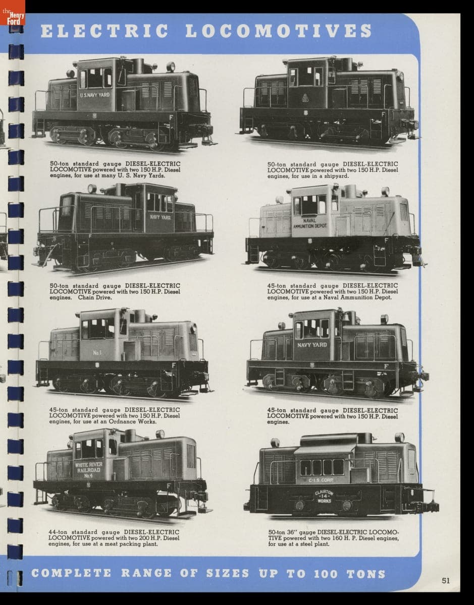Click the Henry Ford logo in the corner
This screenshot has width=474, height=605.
coord(13,13)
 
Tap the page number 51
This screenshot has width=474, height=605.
coord(446,580)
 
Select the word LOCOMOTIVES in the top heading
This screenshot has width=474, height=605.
coord(279,31)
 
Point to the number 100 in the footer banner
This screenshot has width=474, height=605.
coord(326,574)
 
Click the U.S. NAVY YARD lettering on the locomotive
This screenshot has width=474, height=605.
coord(95,95)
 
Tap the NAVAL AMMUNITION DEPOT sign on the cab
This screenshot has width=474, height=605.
coord(309,223)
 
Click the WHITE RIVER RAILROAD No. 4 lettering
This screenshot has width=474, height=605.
coord(88,470)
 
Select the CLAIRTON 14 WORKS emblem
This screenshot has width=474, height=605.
coord(324,497)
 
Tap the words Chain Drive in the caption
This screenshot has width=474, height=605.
coord(95,297)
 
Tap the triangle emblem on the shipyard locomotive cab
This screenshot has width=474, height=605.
coord(305,97)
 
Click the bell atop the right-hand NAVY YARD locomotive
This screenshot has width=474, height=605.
coord(346,317)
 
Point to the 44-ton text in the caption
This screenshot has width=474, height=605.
coord(58,532)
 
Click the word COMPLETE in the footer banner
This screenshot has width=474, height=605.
coord(71,573)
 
